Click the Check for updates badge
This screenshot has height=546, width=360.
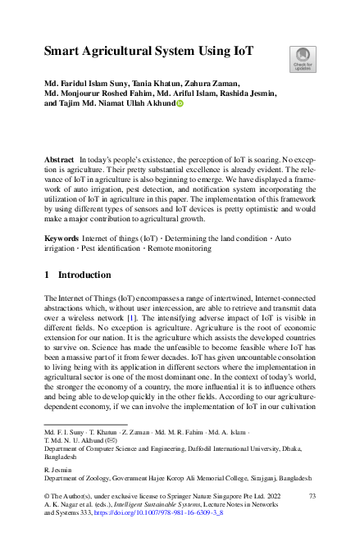click(301, 58)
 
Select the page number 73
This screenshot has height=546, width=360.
click(311, 497)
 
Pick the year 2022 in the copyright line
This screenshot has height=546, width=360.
click(255, 497)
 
